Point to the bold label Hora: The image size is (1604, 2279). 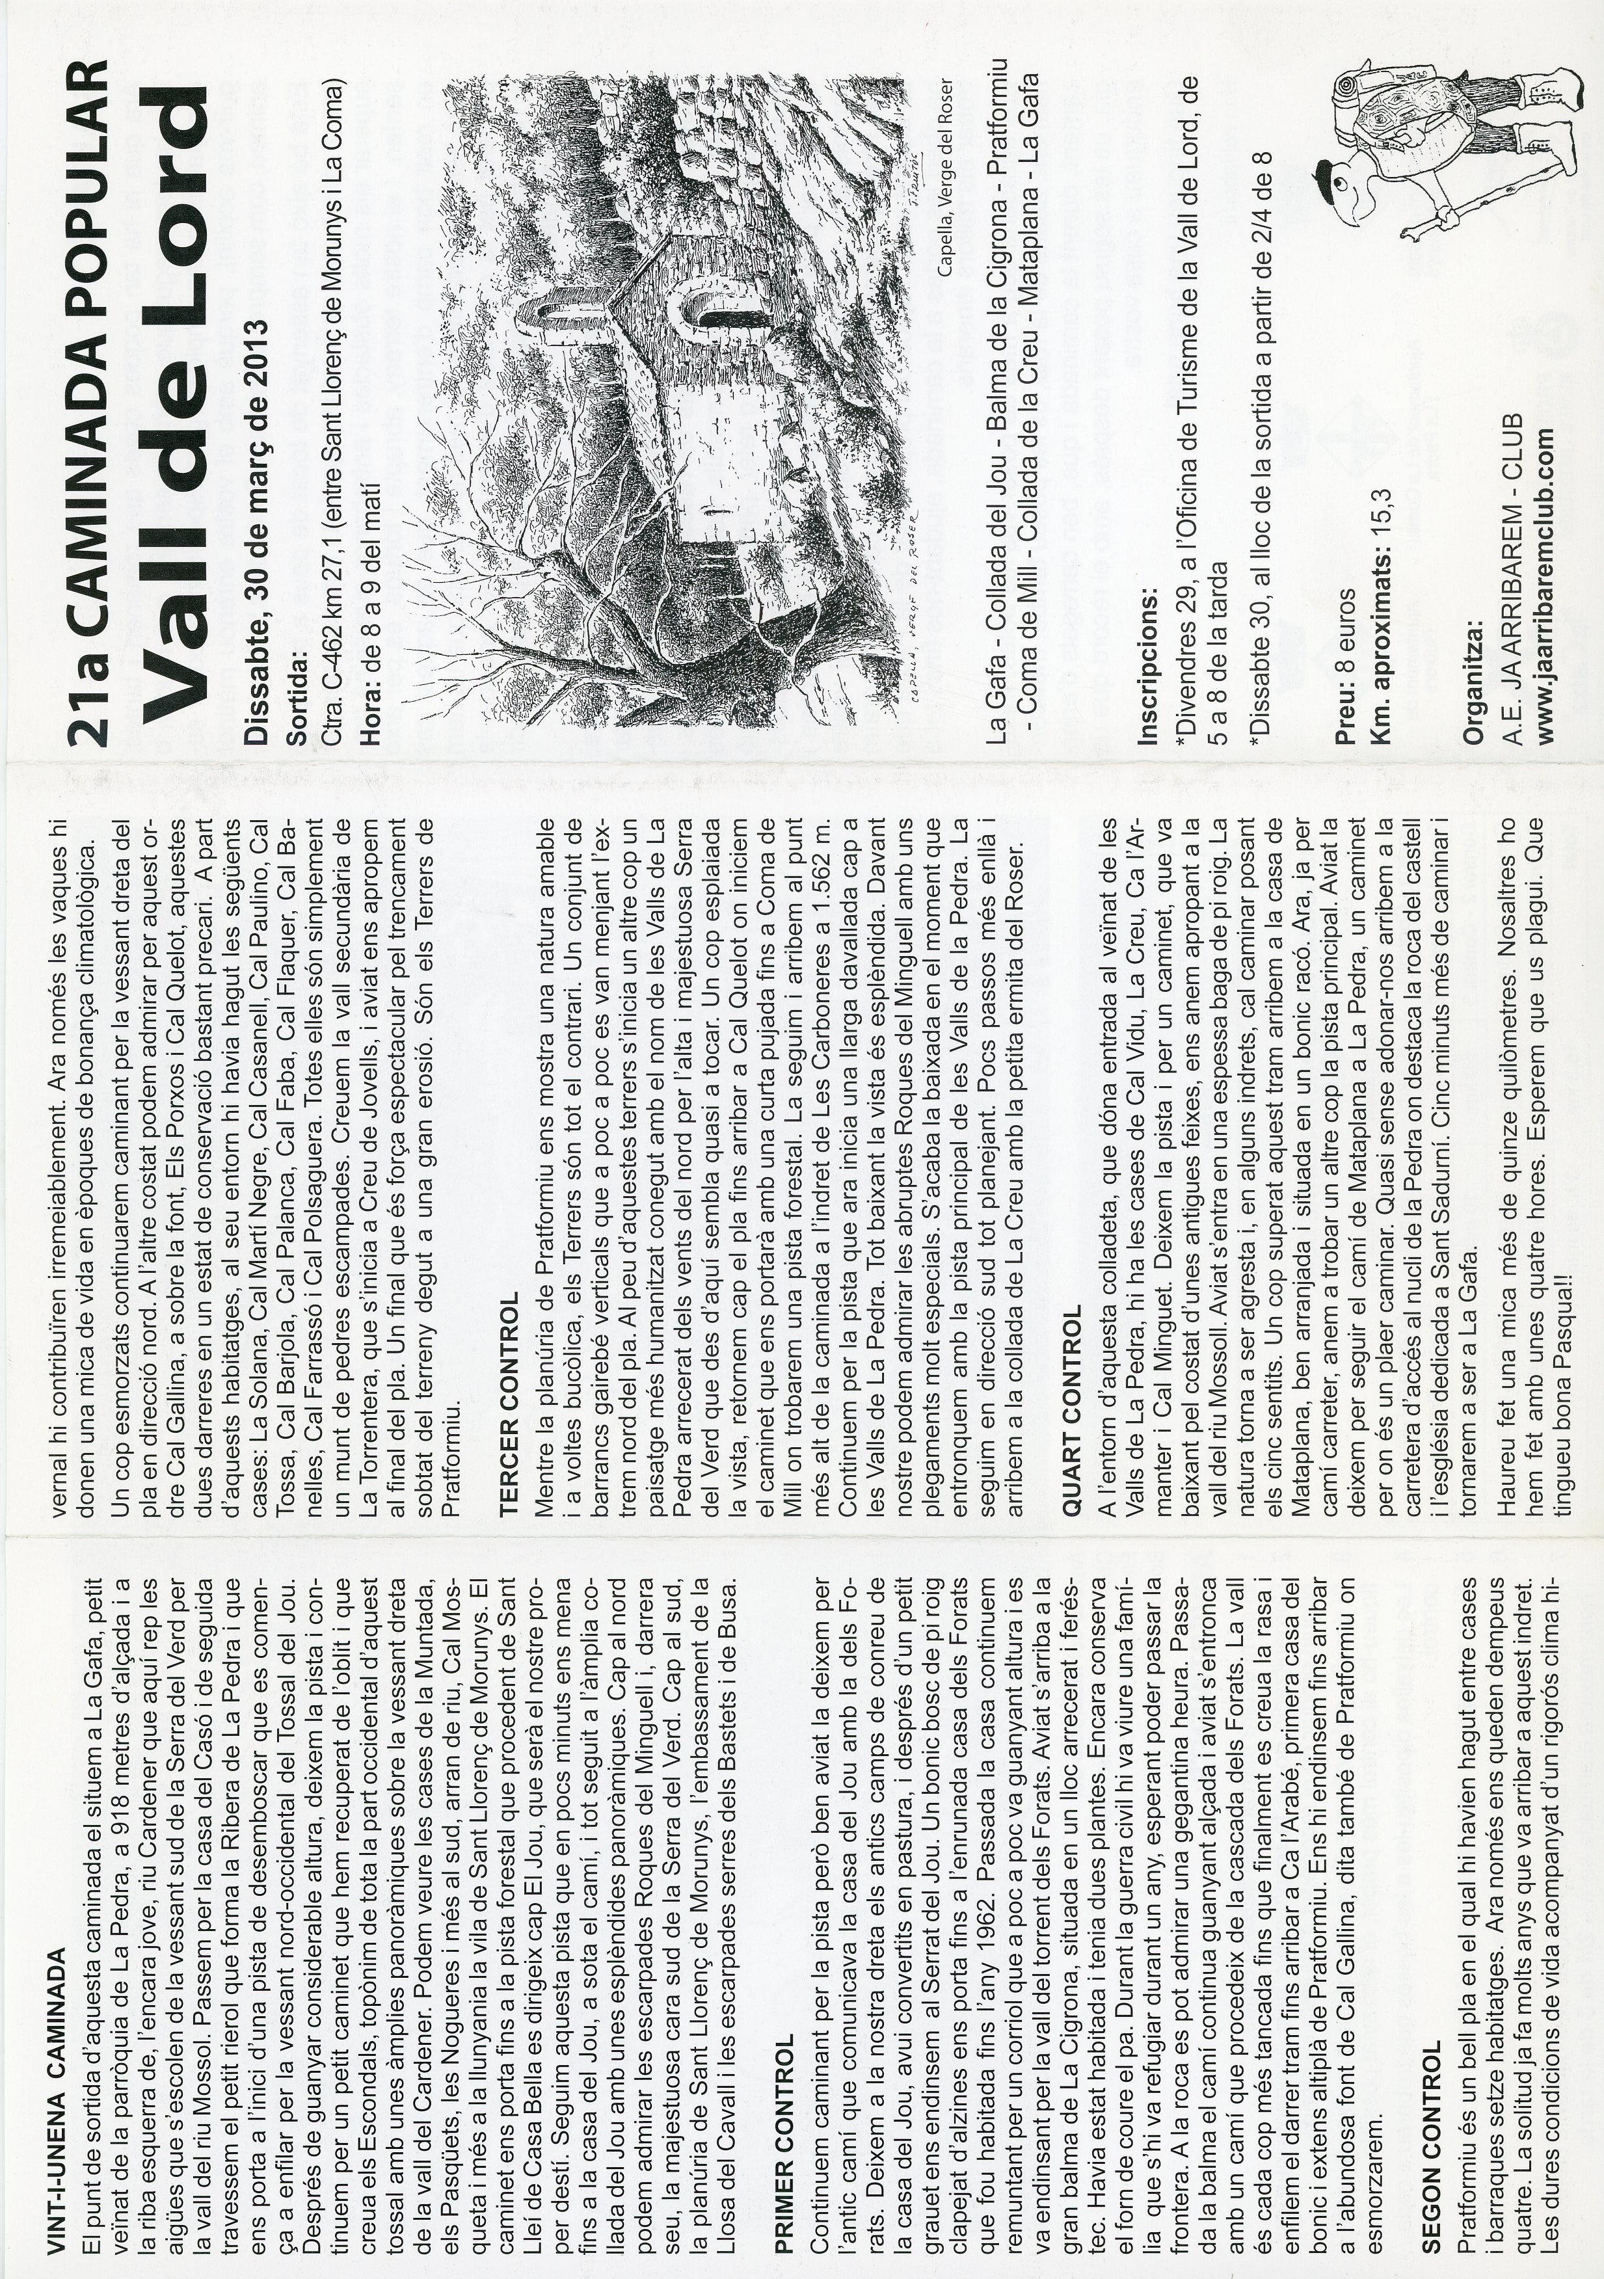pos(371,715)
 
